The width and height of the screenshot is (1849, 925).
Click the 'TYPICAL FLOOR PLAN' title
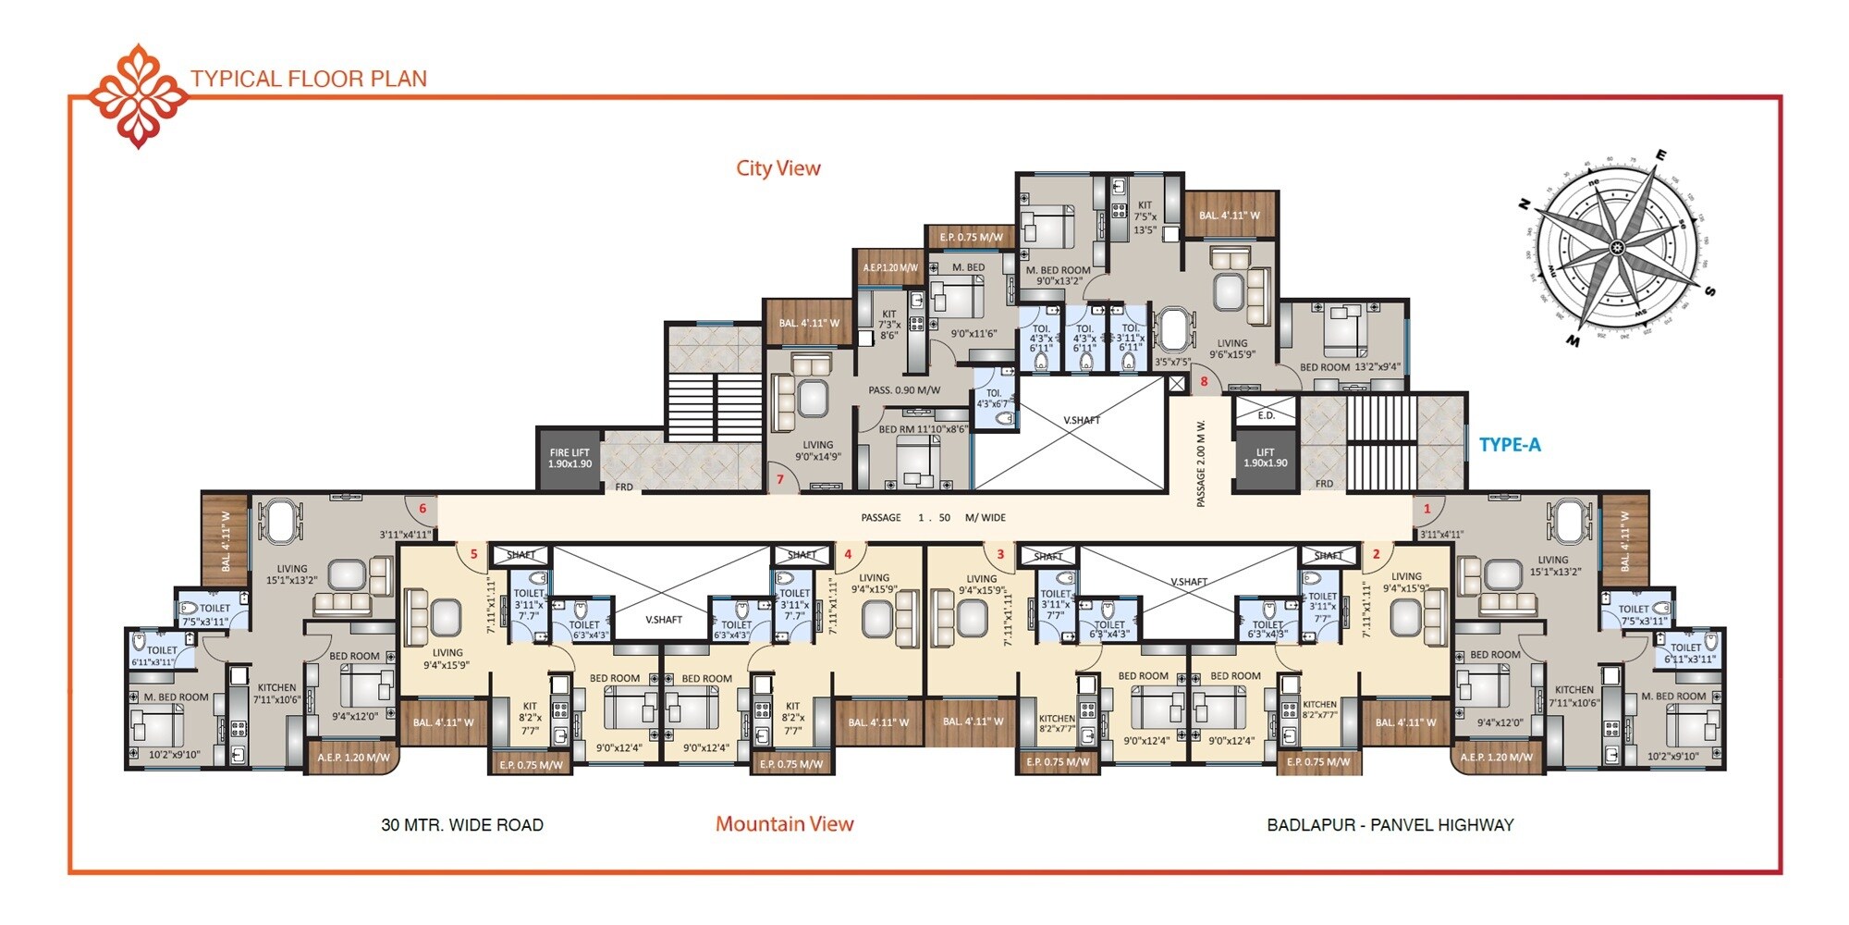[309, 79]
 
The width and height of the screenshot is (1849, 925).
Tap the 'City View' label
[778, 168]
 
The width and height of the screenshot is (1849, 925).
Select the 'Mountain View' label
[784, 824]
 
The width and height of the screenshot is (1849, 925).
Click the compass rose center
[1617, 247]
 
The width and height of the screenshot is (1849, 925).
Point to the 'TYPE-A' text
[1510, 445]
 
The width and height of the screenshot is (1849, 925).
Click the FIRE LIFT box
[569, 459]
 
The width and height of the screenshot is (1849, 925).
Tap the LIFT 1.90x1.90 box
[1265, 459]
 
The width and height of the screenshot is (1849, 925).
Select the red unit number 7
[780, 479]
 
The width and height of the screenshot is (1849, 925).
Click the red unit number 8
[1204, 381]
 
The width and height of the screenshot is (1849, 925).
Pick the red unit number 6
[422, 509]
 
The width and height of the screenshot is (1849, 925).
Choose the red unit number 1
[1427, 509]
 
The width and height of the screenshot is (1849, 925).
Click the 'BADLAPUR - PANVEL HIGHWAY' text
[1390, 825]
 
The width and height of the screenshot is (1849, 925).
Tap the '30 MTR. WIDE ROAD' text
[462, 825]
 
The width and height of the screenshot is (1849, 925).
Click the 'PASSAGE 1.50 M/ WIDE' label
[933, 518]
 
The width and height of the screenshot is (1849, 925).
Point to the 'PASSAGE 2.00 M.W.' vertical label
[1201, 462]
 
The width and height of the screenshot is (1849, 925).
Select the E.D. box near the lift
[1266, 415]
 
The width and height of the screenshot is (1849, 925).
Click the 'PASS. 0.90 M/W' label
[903, 390]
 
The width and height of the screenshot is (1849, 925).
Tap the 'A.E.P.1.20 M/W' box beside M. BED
[889, 267]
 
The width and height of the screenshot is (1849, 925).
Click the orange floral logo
[138, 95]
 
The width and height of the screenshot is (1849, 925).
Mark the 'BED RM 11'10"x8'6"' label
[923, 429]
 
